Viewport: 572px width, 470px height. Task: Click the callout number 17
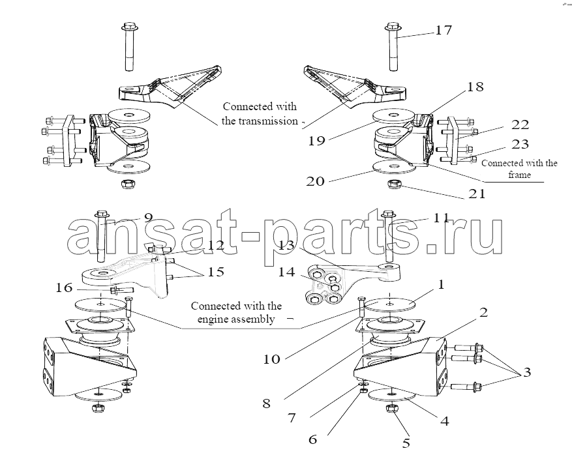(444, 30)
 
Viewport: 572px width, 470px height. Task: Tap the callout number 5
(406, 445)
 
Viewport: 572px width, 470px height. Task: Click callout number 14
(286, 273)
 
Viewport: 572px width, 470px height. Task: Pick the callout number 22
(520, 124)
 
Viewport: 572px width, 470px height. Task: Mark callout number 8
(266, 404)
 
